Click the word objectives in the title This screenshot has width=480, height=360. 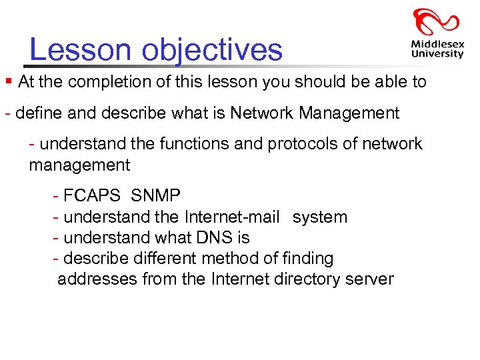click(213, 51)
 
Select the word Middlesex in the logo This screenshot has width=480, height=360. click(437, 45)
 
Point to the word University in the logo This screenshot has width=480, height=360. click(437, 54)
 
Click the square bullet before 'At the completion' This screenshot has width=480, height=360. click(8, 81)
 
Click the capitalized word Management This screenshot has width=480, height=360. click(349, 113)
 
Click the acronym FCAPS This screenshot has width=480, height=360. click(91, 196)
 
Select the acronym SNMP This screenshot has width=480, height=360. click(155, 196)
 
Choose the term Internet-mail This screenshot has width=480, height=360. click(232, 217)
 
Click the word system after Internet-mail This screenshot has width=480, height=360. click(320, 217)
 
